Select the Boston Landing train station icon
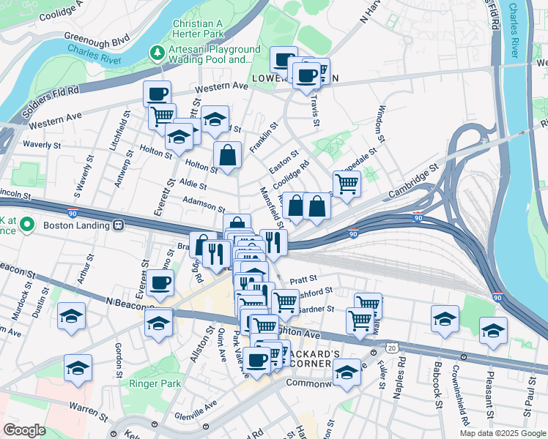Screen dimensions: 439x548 pos(118,225)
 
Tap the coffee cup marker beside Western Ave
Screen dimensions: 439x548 pos(157,94)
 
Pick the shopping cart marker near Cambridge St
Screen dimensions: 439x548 pos(347,184)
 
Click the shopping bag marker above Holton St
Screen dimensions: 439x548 pos(228,155)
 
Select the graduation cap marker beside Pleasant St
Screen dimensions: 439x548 pos(493,330)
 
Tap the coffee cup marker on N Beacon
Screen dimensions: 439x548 pos(160,282)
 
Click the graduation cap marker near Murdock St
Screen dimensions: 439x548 pos(72,316)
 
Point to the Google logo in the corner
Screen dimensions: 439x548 pos(24,430)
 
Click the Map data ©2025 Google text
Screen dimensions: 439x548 pos(503,433)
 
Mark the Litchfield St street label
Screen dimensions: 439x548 pos(115,132)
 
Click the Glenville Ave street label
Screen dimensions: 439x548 pos(196,414)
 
